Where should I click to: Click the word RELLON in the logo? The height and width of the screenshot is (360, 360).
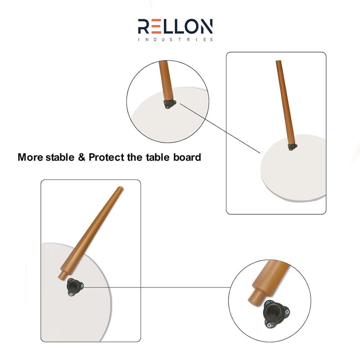point(175,27)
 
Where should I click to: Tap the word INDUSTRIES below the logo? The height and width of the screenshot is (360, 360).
point(175,40)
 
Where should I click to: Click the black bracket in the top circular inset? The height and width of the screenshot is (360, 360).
point(170,104)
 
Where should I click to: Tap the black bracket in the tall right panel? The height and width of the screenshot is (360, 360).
point(292,146)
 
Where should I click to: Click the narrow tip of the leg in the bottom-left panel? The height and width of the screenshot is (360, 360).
point(120,189)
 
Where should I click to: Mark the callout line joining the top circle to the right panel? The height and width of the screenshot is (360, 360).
point(220,129)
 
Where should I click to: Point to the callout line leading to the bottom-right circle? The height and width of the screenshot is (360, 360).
point(157,287)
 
